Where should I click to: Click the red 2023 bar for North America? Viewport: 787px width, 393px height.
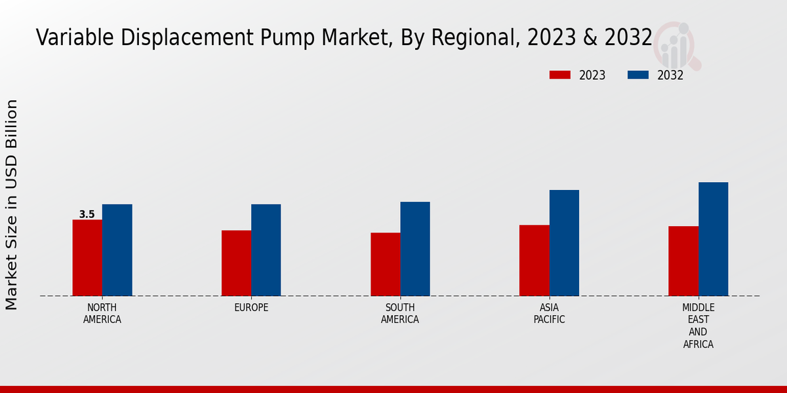(x=87, y=257)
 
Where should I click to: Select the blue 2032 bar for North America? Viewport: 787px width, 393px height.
(x=117, y=250)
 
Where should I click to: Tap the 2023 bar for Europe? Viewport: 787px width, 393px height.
(x=236, y=263)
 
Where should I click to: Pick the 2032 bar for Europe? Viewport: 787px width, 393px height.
(x=266, y=250)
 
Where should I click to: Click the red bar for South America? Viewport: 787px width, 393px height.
(x=385, y=264)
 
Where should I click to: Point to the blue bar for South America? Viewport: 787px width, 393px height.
(x=415, y=248)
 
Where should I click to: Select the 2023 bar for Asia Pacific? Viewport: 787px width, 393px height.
(x=534, y=260)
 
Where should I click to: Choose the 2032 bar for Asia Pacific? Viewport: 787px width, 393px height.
(x=564, y=242)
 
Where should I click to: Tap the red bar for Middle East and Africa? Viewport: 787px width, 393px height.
(x=683, y=261)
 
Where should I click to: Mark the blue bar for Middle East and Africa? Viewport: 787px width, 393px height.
(x=713, y=238)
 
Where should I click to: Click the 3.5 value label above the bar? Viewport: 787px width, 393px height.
(x=87, y=214)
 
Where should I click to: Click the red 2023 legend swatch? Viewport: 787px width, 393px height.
(x=559, y=75)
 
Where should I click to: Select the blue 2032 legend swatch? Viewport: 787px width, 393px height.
(x=637, y=75)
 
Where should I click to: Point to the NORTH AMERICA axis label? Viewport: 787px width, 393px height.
(x=102, y=314)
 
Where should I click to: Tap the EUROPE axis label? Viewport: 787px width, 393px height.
(x=251, y=308)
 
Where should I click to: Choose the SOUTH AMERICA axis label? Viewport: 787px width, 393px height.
(x=400, y=314)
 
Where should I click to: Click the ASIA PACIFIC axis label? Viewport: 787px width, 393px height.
(x=549, y=314)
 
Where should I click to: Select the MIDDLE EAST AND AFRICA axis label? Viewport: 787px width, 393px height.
(x=698, y=326)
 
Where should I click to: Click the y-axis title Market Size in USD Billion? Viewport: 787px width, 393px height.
(x=12, y=204)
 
